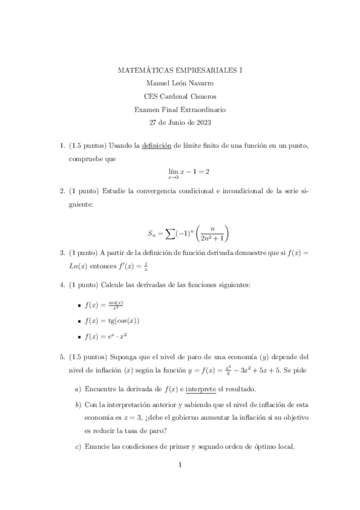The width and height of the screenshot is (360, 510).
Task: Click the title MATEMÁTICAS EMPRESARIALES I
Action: tap(180, 70)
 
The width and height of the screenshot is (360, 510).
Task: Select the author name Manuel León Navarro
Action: tap(180, 84)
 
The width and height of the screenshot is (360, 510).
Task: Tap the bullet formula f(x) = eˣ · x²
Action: tap(109, 336)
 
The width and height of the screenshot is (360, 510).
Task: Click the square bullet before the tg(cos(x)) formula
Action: tap(79, 321)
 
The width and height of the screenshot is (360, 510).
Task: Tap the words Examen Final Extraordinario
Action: tap(180, 109)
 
